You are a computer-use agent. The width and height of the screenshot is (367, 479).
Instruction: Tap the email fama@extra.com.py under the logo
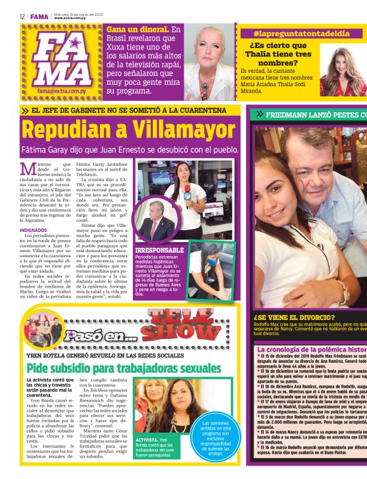point(61,91)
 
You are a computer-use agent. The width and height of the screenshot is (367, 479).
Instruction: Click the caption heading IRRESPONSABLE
point(159,250)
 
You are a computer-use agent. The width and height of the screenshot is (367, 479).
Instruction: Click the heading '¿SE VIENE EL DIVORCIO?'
point(294,317)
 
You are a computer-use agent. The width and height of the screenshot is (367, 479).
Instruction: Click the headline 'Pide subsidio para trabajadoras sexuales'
point(118,367)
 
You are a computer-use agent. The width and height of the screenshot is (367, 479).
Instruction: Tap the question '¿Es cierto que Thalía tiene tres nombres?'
point(278,54)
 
